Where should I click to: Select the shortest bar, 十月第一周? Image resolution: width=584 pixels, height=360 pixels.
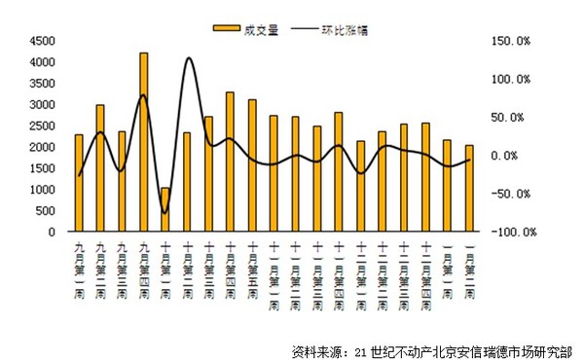(165, 210)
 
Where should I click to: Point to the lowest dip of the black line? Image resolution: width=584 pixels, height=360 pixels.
(165, 212)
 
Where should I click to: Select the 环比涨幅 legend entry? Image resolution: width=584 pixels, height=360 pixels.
(337, 29)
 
